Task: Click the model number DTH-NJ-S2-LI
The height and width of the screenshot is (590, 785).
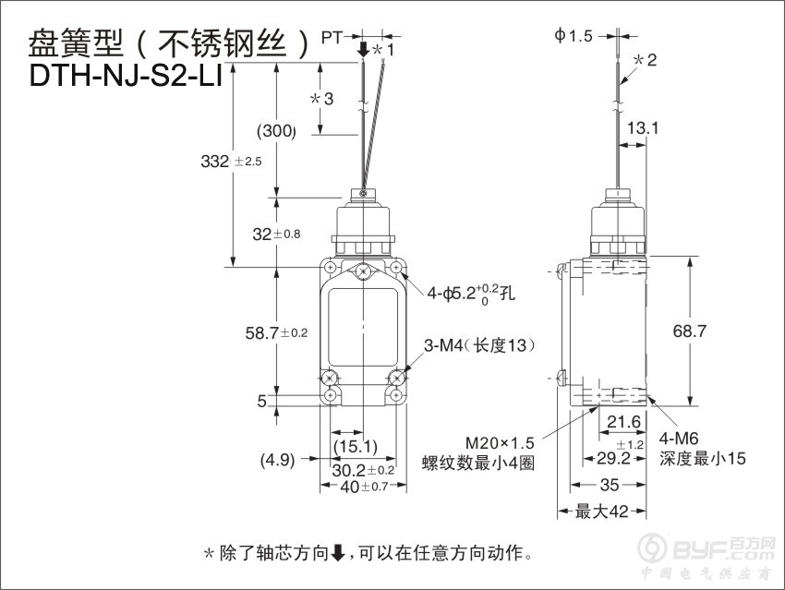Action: point(126,76)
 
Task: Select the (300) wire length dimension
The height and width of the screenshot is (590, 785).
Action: point(276,131)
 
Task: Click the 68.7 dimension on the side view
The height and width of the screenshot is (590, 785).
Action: point(689,331)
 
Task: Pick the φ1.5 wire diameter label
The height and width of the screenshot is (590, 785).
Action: point(574,35)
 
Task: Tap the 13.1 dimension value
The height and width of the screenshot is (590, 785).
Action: point(643,128)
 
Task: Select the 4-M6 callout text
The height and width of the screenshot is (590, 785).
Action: point(679,439)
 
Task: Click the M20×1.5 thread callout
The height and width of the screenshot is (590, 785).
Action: point(500,443)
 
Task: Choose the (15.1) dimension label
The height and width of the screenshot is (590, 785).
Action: point(356,446)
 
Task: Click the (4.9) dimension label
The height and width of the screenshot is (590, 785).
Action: point(277,460)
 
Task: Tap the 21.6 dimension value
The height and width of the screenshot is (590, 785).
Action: point(623,422)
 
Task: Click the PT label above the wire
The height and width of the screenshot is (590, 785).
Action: point(332,37)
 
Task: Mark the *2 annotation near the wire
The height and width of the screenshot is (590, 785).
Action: point(645,60)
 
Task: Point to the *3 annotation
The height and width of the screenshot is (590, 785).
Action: point(321,99)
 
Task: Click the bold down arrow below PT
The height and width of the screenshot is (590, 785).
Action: point(364,50)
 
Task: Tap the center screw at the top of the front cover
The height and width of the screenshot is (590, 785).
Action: point(362,272)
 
